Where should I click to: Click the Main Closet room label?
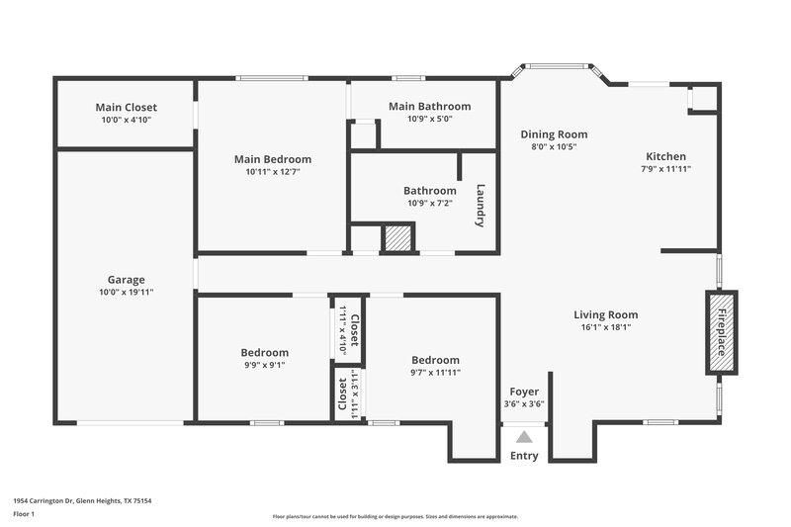pyautogui.click(x=126, y=107)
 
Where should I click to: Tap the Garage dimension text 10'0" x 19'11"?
pyautogui.click(x=126, y=292)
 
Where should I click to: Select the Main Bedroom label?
pyautogui.click(x=272, y=158)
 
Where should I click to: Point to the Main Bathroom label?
pyautogui.click(x=429, y=106)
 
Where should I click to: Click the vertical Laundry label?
pyautogui.click(x=481, y=206)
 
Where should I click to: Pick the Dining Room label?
pyautogui.click(x=554, y=134)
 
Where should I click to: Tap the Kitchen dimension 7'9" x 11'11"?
pyautogui.click(x=665, y=169)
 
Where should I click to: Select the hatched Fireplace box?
pyautogui.click(x=721, y=332)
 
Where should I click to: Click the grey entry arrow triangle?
pyautogui.click(x=524, y=435)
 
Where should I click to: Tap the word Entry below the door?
pyautogui.click(x=524, y=456)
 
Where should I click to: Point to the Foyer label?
pyautogui.click(x=524, y=392)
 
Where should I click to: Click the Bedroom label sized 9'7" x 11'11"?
pyautogui.click(x=435, y=360)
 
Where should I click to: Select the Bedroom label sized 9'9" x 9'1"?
pyautogui.click(x=265, y=352)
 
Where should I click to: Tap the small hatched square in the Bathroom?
pyautogui.click(x=397, y=237)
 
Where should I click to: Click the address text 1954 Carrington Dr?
pyautogui.click(x=49, y=501)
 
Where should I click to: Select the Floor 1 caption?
pyautogui.click(x=25, y=514)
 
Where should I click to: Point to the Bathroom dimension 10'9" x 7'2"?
pyautogui.click(x=429, y=203)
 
